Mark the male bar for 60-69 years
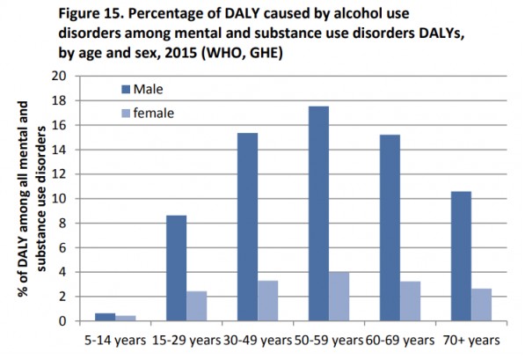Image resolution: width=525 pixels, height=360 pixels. tap(390, 228)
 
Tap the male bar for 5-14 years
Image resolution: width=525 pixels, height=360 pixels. tap(105, 317)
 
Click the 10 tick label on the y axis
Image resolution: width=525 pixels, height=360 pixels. tap(60, 198)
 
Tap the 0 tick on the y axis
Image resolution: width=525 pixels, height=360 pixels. tap(63, 321)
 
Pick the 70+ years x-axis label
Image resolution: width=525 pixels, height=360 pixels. tap(471, 340)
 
